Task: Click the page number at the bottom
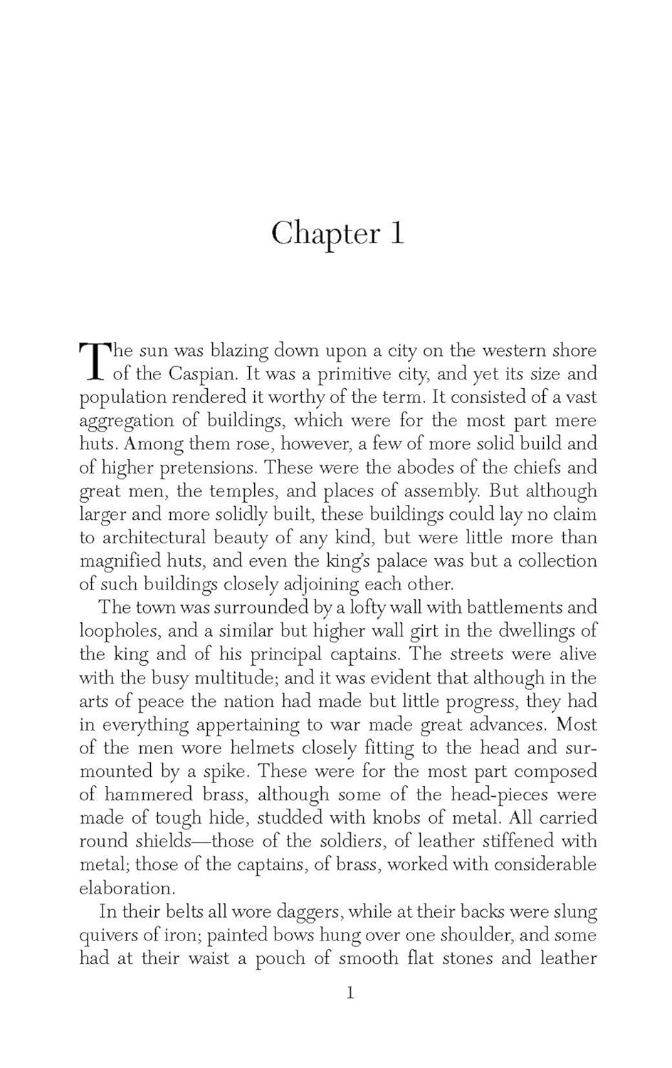(350, 993)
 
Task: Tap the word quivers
(113, 936)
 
